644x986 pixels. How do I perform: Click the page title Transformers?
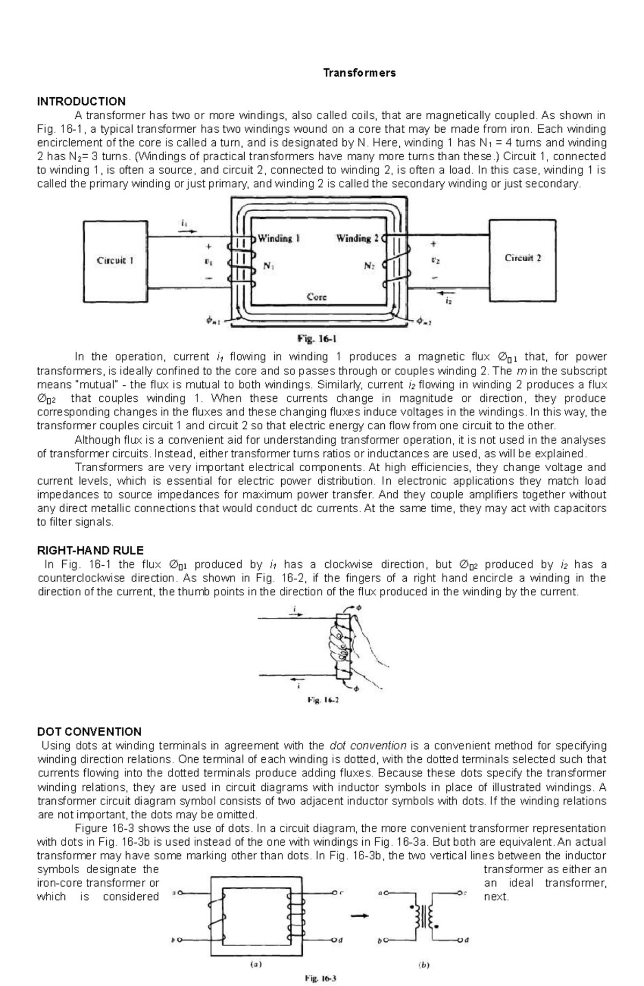(x=359, y=73)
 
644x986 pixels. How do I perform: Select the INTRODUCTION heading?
(x=81, y=101)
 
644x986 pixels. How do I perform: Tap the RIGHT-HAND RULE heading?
(x=90, y=550)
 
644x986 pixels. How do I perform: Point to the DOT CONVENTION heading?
(x=89, y=731)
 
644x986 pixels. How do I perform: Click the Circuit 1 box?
(x=115, y=262)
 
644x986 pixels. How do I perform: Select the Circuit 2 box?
(x=522, y=259)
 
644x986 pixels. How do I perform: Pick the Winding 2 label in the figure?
(x=357, y=238)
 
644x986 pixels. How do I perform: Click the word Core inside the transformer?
(x=317, y=296)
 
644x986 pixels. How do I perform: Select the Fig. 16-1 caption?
(x=317, y=339)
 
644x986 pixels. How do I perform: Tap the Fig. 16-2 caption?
(x=323, y=700)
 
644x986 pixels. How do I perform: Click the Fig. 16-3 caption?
(x=320, y=978)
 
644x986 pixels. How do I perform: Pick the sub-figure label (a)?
(x=257, y=964)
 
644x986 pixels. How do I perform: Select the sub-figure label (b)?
(x=423, y=964)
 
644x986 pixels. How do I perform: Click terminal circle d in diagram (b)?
(x=460, y=940)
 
